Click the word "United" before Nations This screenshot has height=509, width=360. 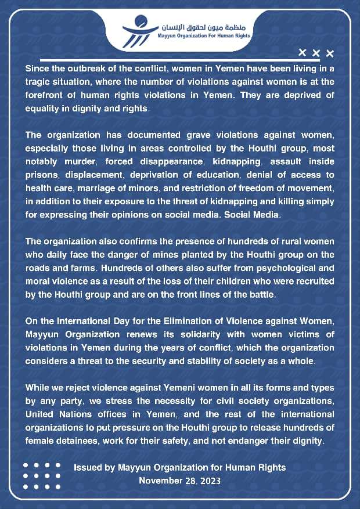click(x=41, y=414)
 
